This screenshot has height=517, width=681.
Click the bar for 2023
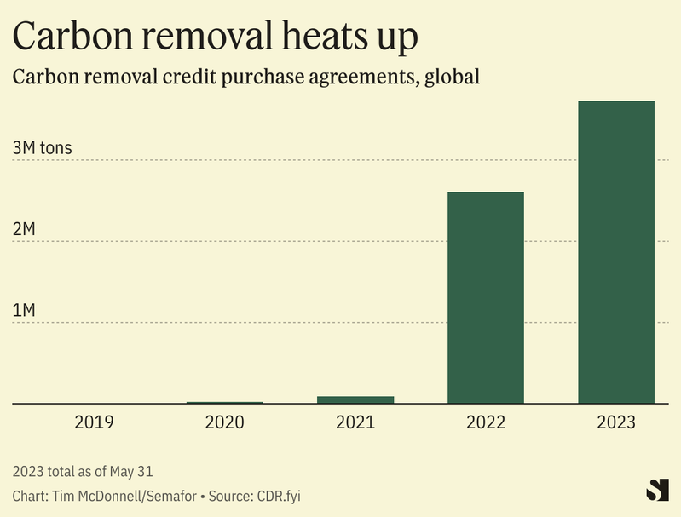(616, 252)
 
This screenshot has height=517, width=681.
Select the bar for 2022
(486, 297)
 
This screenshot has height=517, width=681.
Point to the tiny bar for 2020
(225, 402)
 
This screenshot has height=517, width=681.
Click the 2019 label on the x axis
(94, 422)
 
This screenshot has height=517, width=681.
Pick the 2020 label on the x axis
(225, 422)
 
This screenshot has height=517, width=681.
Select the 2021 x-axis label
(355, 422)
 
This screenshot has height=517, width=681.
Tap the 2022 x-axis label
(486, 422)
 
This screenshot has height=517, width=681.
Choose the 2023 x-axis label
(616, 422)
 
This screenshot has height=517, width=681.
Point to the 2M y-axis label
(24, 230)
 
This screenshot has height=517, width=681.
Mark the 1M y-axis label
(24, 311)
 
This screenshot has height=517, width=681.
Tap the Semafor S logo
(657, 490)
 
